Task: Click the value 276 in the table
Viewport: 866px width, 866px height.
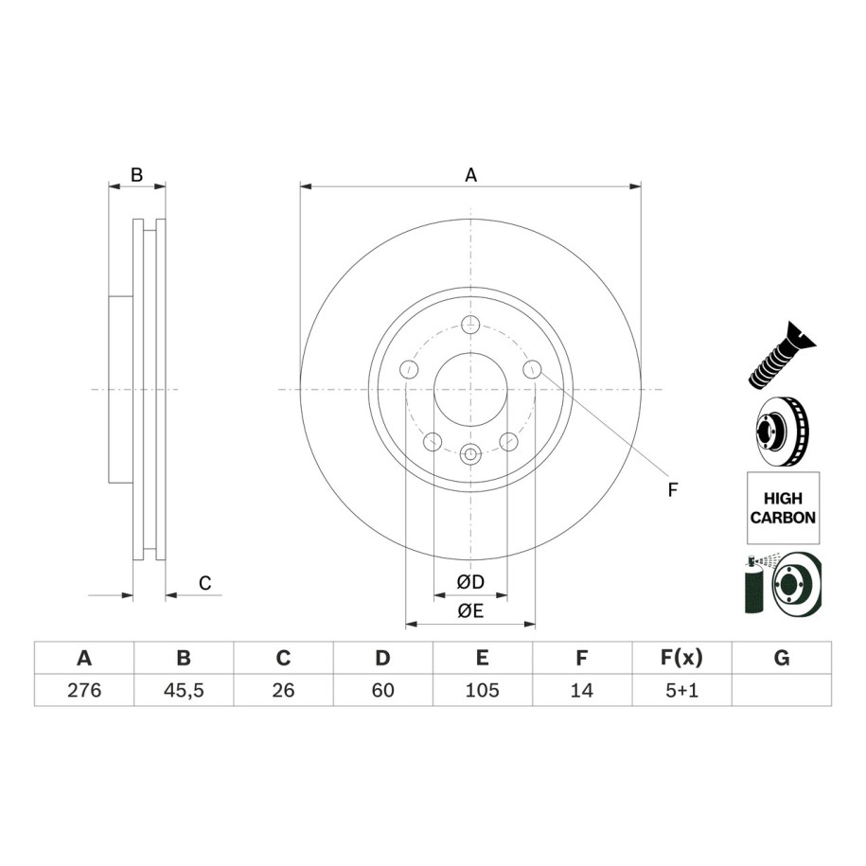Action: [x=84, y=690]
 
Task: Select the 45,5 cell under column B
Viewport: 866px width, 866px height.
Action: [x=184, y=690]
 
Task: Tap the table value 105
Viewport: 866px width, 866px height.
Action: [x=482, y=690]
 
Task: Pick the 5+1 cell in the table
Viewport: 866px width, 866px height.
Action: [x=681, y=690]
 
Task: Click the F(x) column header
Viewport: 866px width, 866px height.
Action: [x=681, y=658]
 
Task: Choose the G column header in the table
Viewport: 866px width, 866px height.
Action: [x=782, y=658]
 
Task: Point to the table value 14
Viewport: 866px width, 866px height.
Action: [x=581, y=690]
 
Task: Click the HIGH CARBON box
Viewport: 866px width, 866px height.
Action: [x=783, y=507]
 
